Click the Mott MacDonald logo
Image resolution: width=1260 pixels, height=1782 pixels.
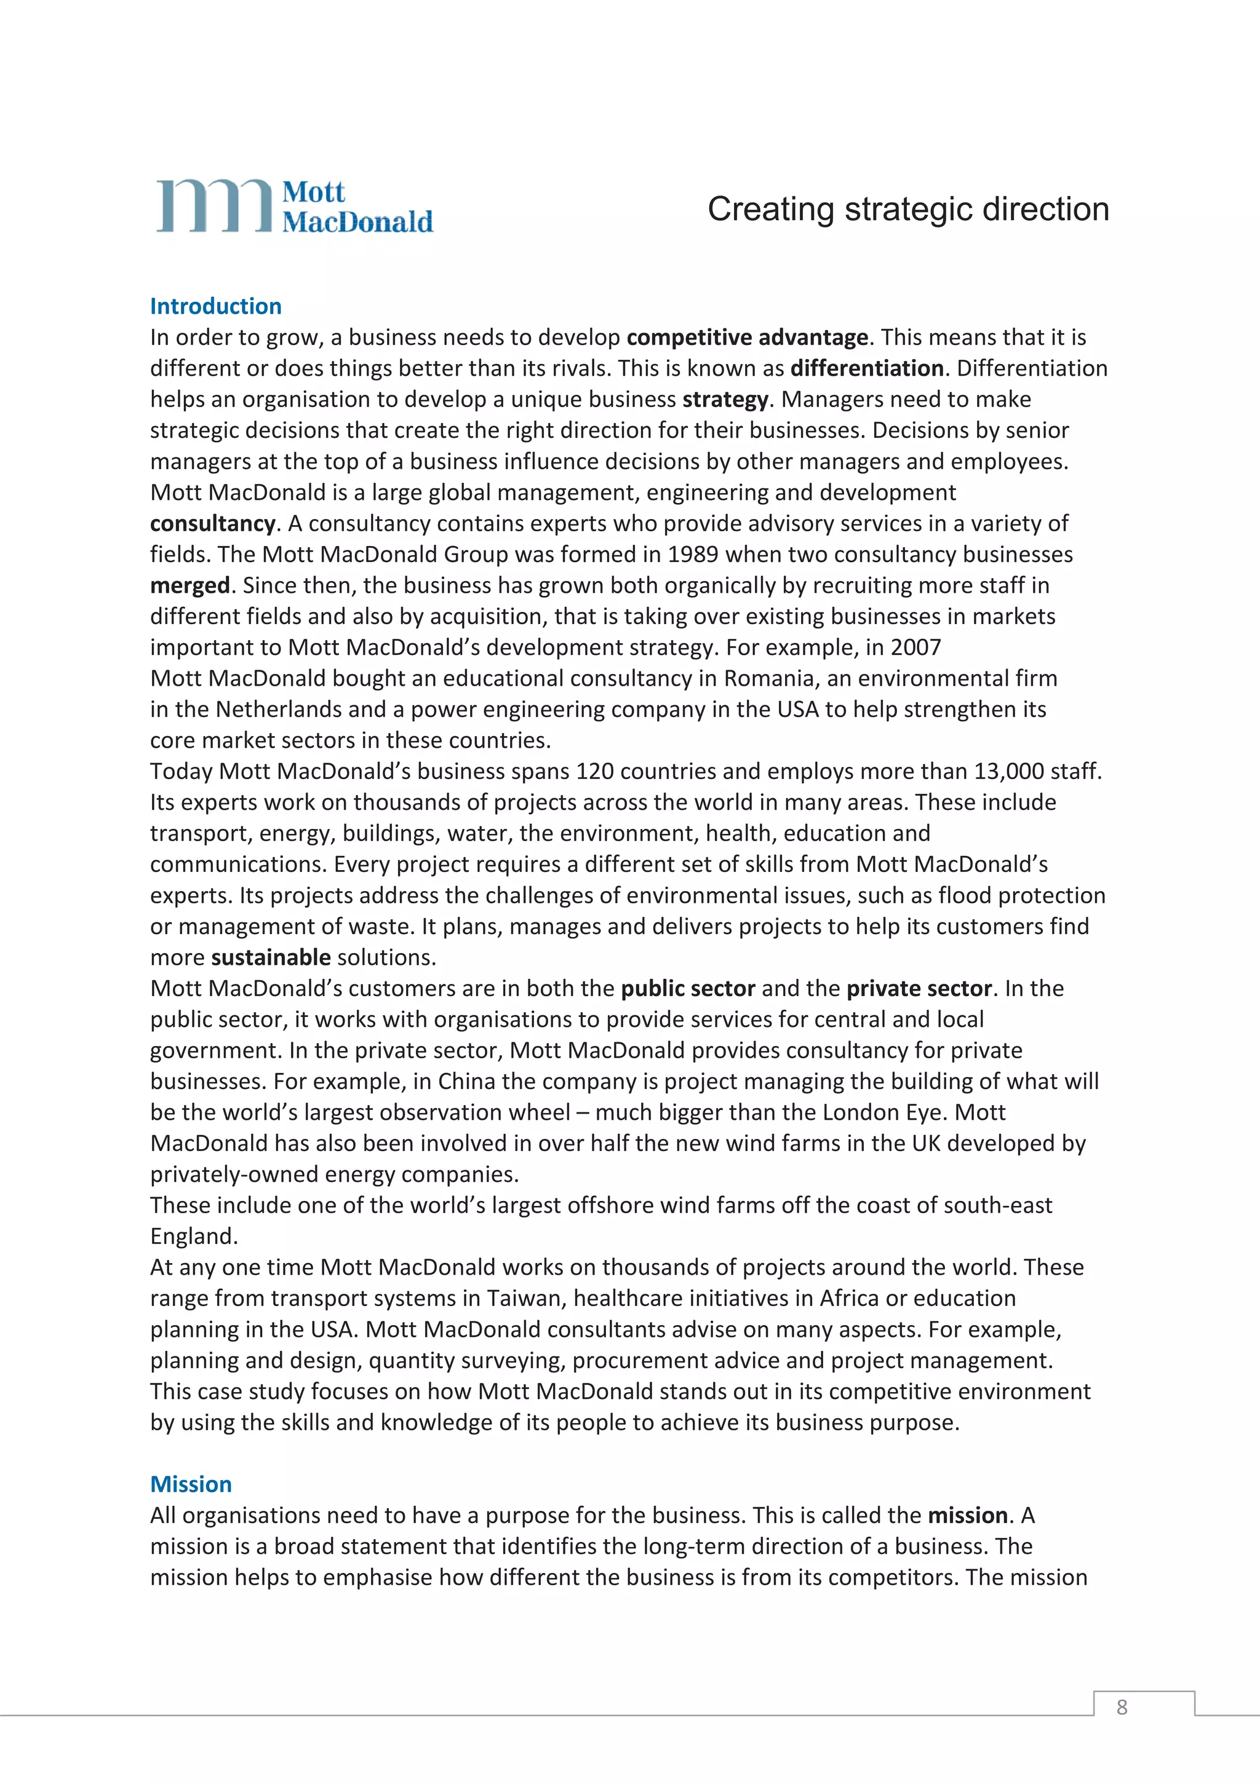coord(295,207)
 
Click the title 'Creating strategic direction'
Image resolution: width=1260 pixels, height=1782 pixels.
coord(907,210)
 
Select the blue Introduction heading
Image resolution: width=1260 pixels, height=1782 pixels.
coord(216,307)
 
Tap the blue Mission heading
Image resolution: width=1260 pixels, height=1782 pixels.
coord(191,1484)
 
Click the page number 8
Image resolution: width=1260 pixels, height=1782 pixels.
coord(1121,1707)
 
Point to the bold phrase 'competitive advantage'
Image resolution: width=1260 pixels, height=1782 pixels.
coord(747,338)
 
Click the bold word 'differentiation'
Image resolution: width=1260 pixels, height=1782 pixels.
coord(866,369)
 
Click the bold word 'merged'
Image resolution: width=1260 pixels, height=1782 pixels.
coord(190,586)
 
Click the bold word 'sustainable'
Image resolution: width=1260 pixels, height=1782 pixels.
coord(271,958)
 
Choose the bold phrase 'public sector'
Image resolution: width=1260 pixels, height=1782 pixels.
coord(688,989)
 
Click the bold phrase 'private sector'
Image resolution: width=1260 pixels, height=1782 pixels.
coord(919,989)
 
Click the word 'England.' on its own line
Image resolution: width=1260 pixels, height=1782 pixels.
coord(194,1237)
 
